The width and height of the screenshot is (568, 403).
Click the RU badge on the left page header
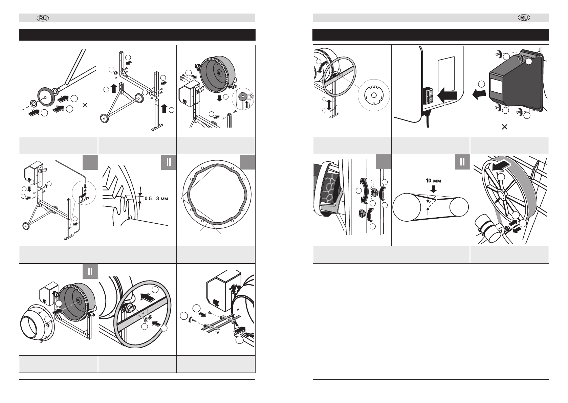[43, 18]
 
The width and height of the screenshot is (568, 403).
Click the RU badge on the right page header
[524, 18]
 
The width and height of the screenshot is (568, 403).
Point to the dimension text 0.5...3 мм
[156, 199]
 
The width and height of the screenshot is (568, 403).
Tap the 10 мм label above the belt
[433, 181]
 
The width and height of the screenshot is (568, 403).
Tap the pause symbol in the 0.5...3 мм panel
[169, 162]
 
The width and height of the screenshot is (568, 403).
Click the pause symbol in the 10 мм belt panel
[462, 162]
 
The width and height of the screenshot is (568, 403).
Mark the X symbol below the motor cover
[504, 127]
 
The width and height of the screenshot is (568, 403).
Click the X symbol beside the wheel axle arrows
[85, 105]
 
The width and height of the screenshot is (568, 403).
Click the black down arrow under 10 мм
[433, 189]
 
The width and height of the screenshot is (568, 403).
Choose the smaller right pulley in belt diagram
[459, 207]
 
